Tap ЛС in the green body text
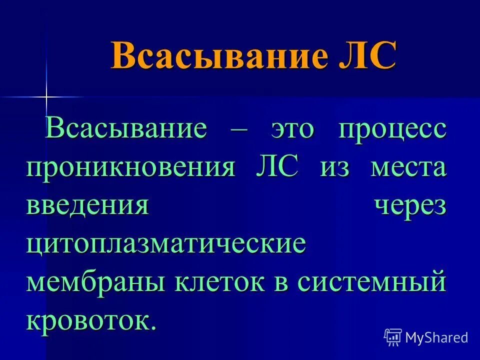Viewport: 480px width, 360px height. [276, 168]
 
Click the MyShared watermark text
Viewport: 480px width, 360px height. [436, 338]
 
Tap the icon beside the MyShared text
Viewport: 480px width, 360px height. [393, 337]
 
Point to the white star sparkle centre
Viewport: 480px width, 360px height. [46, 96]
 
